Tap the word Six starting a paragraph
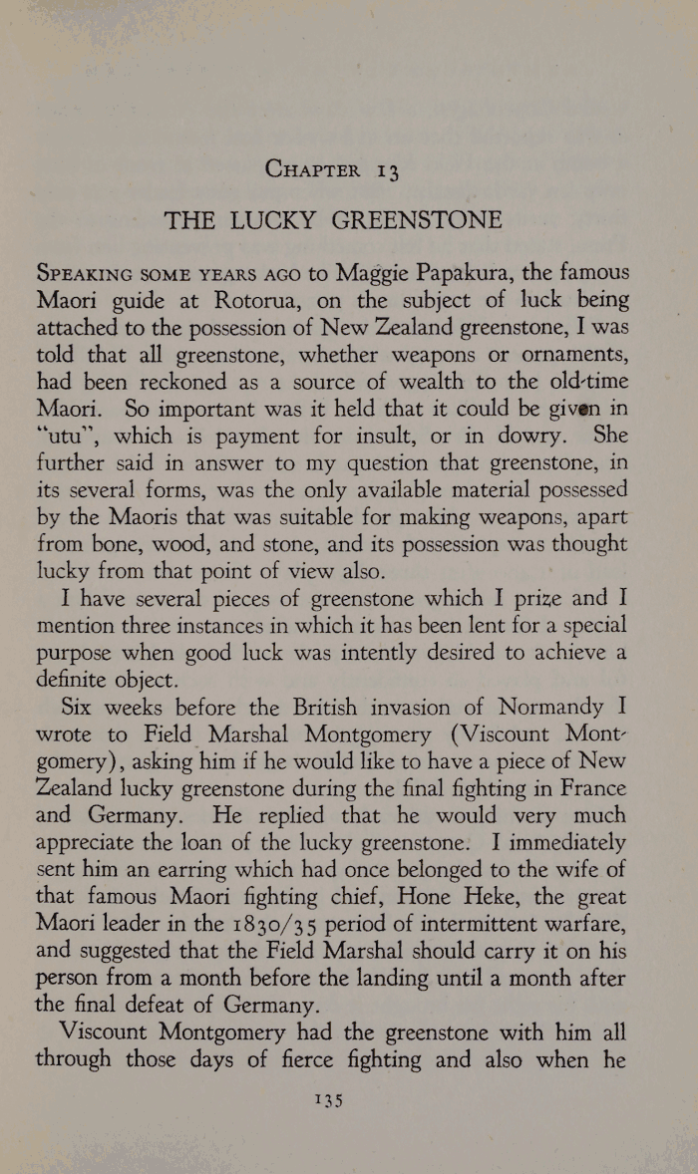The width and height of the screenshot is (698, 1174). pyautogui.click(x=80, y=709)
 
